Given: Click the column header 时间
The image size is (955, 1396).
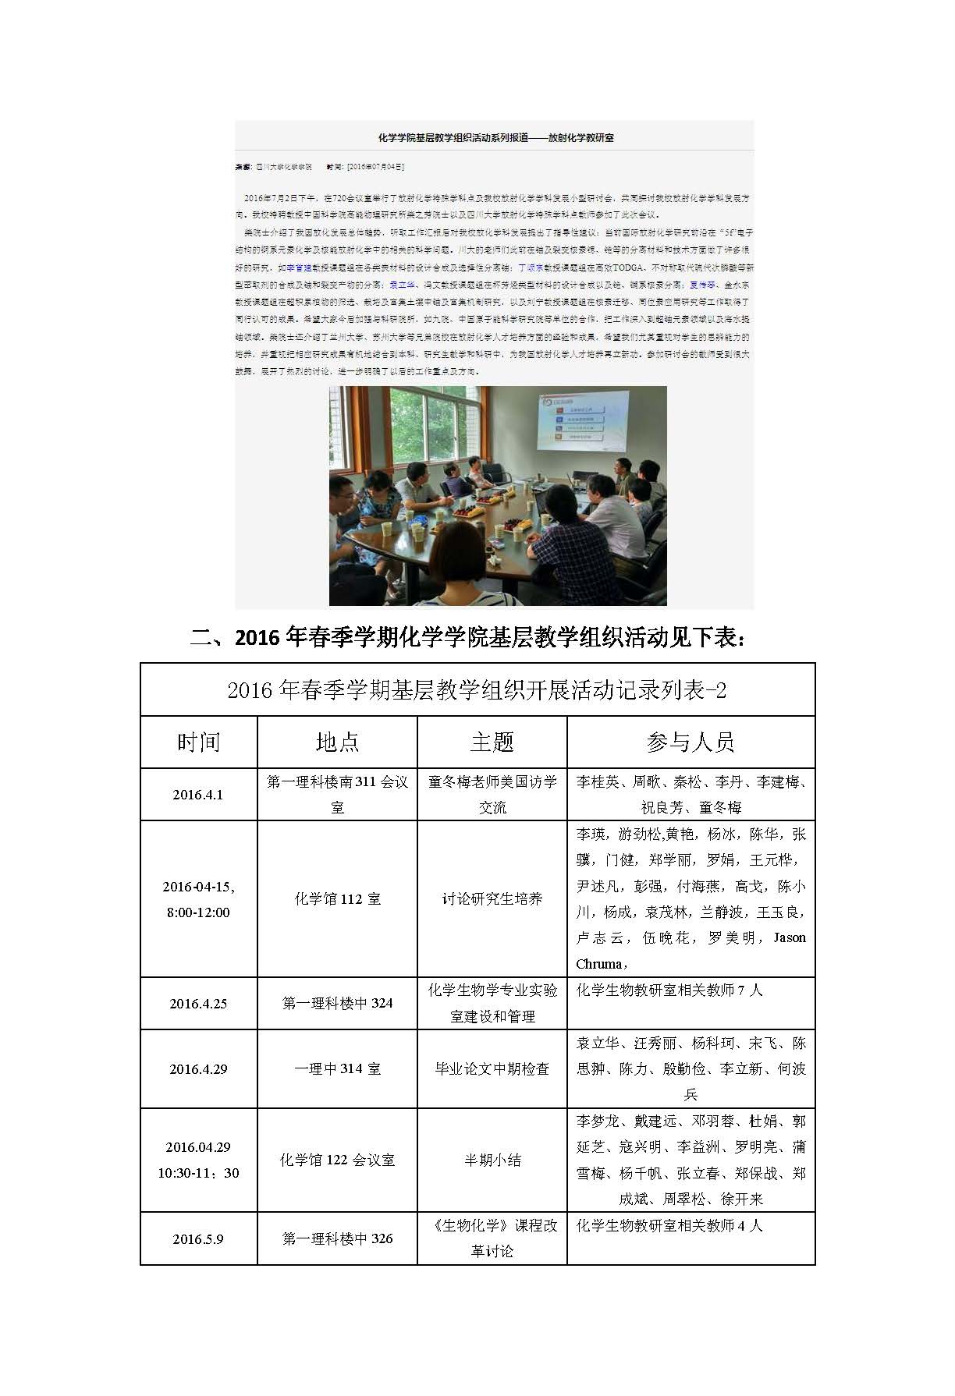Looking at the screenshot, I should [x=198, y=742].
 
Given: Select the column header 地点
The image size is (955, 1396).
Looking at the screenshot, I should [x=337, y=742].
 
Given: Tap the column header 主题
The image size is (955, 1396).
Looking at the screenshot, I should [x=492, y=742].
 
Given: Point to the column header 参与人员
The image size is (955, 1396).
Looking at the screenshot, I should [x=691, y=742].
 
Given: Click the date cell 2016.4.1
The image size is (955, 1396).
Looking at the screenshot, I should [x=198, y=795].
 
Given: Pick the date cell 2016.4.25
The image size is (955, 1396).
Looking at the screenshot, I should [x=198, y=1004].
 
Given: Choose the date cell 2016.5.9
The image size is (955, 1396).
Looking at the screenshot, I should [x=198, y=1238].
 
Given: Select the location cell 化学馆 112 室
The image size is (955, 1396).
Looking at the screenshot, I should [x=337, y=898].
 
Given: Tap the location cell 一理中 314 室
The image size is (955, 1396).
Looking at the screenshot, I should [x=337, y=1069].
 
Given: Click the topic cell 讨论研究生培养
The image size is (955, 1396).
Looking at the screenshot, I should [x=492, y=898].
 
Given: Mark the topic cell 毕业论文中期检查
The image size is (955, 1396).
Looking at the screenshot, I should [x=492, y=1069].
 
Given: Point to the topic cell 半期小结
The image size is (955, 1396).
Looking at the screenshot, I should [x=492, y=1160].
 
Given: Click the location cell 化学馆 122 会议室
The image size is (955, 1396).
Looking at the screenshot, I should [x=337, y=1160].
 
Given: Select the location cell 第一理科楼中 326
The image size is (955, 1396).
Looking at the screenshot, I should [x=337, y=1238].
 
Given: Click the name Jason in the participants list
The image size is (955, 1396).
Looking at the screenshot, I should [x=789, y=937].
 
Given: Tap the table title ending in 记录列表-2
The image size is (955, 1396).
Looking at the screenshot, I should [x=477, y=690].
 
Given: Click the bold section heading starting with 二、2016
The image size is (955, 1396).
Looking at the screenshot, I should [x=467, y=637].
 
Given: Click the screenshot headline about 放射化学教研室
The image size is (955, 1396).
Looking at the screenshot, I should [x=495, y=138].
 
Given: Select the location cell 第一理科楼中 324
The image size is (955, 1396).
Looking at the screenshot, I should [x=337, y=1004].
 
